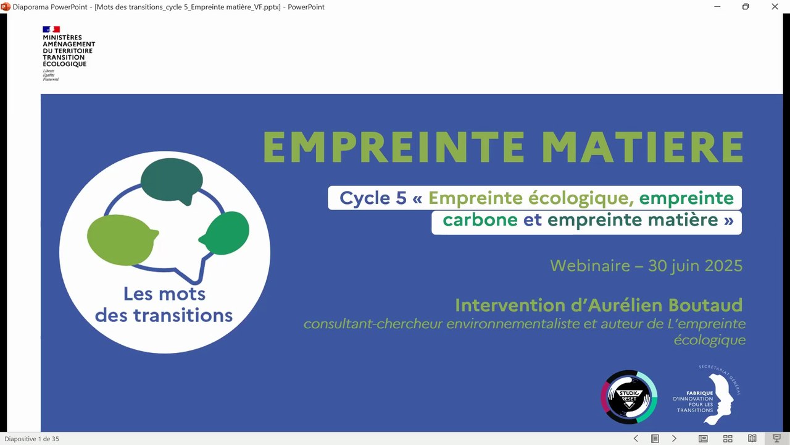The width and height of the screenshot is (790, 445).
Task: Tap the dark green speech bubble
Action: [172, 180]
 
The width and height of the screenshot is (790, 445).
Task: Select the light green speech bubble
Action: [120, 239]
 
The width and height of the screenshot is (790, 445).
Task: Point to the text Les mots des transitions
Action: [164, 304]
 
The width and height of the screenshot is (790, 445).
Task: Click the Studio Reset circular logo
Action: [629, 397]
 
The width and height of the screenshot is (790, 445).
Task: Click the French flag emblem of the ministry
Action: [51, 29]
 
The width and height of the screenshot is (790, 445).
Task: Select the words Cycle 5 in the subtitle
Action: [373, 198]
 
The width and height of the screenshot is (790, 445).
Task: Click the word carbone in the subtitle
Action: [480, 220]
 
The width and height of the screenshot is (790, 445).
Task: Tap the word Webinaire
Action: [590, 266]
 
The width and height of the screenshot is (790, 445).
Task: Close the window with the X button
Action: [775, 7]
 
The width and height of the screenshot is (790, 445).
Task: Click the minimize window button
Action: [717, 7]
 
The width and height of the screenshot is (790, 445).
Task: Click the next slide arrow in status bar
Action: [674, 439]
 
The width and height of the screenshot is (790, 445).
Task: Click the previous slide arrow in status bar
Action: [636, 439]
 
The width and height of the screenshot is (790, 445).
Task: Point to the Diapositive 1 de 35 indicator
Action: [32, 439]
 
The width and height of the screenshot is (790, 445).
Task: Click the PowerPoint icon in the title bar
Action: [6, 7]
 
